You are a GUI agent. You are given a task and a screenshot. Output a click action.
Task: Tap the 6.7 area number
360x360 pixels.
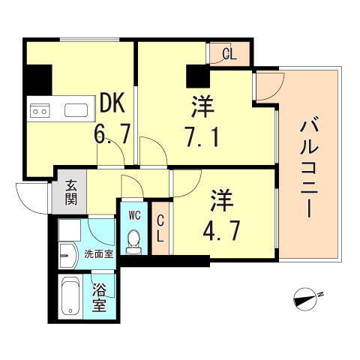pyautogui.click(x=112, y=135)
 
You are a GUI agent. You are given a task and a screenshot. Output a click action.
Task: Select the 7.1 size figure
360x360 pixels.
pyautogui.click(x=200, y=137)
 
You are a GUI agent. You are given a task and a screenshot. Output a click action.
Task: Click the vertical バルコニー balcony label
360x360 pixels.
pyautogui.click(x=309, y=167)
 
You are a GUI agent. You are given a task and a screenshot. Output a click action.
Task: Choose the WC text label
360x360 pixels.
pyautogui.click(x=134, y=215)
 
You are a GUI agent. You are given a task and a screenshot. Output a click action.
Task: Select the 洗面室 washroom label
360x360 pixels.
pyautogui.click(x=98, y=254)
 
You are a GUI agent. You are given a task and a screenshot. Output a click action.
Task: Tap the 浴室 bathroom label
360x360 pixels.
pyautogui.click(x=99, y=298)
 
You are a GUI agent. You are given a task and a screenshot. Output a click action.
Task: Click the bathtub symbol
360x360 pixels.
pyautogui.click(x=72, y=298)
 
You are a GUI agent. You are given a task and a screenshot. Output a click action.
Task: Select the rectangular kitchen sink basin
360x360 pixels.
pyautogui.click(x=76, y=111)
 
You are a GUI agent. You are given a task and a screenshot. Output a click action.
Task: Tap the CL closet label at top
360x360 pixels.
pyautogui.click(x=230, y=53)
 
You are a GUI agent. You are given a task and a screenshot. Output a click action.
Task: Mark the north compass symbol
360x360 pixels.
pyautogui.click(x=307, y=298)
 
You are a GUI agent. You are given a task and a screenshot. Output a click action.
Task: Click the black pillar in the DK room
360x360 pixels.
pyautogui.click(x=38, y=78)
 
